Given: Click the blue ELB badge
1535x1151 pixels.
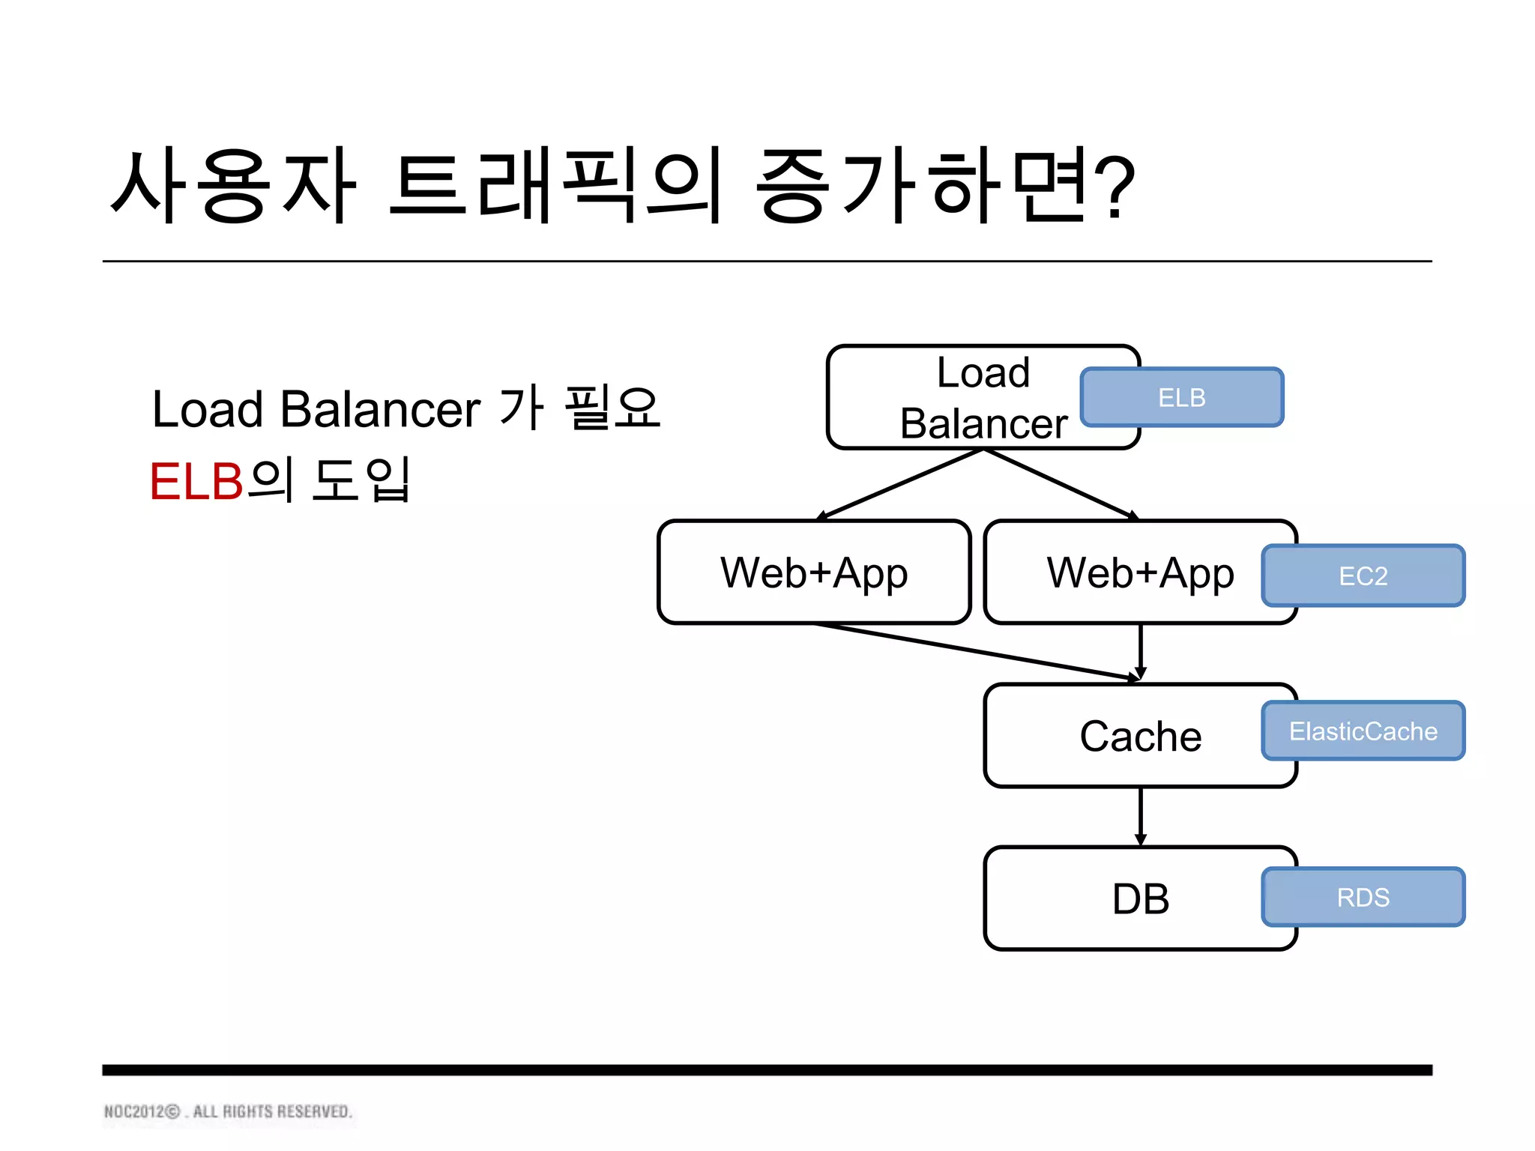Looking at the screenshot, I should [x=1181, y=397].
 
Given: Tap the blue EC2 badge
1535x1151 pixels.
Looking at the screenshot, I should [x=1363, y=575].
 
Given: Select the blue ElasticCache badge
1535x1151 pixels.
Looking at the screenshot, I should [x=1363, y=731].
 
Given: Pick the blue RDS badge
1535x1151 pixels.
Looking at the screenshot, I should [x=1363, y=897].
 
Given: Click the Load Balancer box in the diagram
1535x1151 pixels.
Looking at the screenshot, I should [x=967, y=398].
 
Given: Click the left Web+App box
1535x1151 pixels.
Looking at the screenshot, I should [x=814, y=573].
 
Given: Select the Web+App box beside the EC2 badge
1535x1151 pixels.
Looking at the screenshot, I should [x=1124, y=573].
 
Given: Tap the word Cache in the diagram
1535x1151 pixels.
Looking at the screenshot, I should [x=1140, y=736].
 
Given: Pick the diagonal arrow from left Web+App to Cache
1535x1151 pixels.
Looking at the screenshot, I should [x=974, y=651].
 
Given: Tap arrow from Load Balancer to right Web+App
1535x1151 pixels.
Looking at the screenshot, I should [x=1061, y=483].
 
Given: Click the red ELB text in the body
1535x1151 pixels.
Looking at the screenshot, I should [x=196, y=481].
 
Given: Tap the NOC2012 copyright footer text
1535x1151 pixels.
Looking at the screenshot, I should [x=228, y=1111].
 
